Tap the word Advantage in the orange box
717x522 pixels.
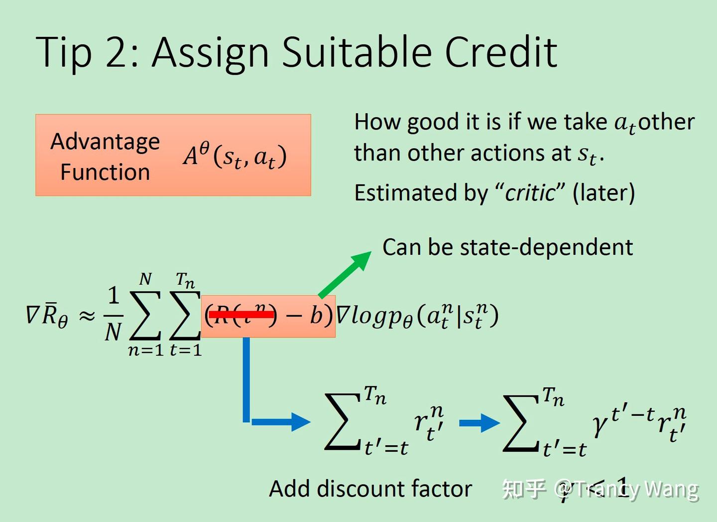pos(105,142)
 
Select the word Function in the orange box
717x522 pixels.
pos(105,172)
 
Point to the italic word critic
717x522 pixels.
pos(530,193)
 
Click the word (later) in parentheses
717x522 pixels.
pos(603,193)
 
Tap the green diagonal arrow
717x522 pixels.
pos(345,274)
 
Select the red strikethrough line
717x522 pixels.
pos(241,314)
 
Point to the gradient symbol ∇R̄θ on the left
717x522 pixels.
pos(47,315)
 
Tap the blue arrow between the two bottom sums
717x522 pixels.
pos(479,423)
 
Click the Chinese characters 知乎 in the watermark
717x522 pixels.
pos(524,489)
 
